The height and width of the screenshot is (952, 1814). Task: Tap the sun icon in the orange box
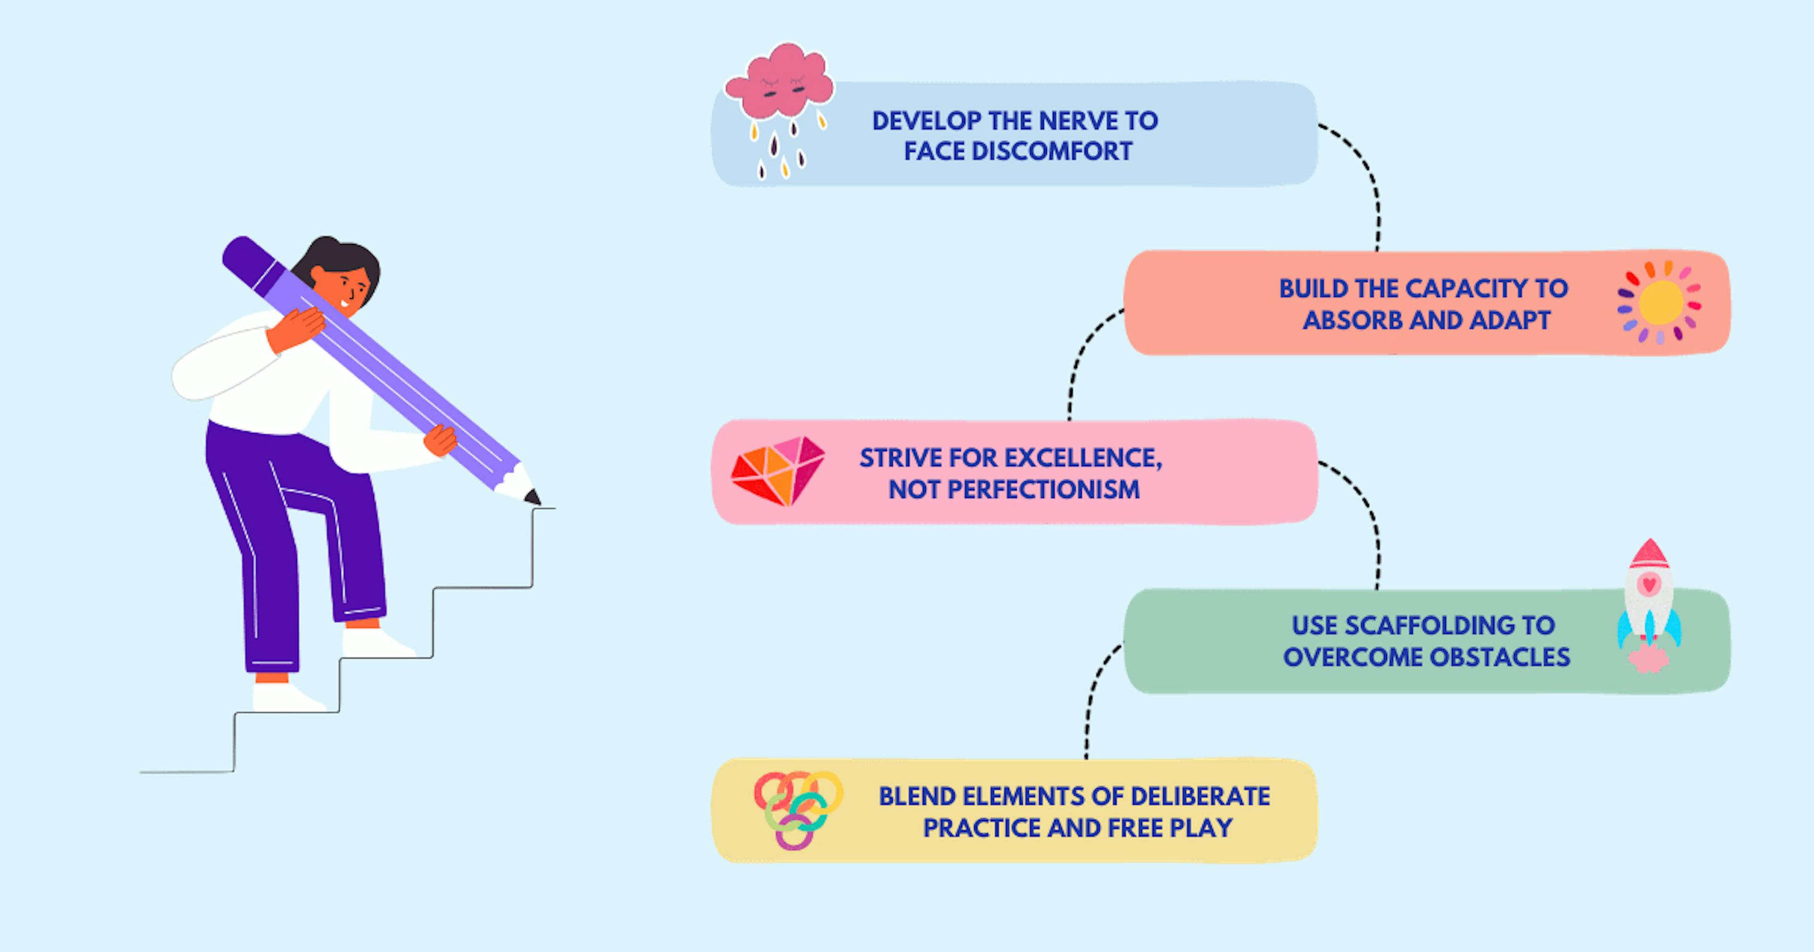coord(1660,302)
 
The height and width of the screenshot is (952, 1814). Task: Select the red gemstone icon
coord(778,470)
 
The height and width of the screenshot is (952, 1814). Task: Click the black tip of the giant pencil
coord(533,497)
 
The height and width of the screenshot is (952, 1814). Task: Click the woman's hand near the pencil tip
coord(440,440)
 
